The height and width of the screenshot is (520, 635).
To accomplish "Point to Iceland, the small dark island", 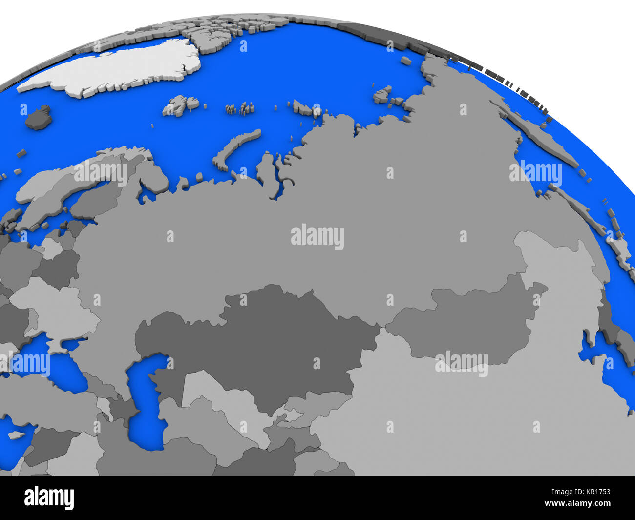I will (x=38, y=118).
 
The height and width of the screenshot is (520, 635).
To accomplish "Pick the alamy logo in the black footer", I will (x=49, y=498).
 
